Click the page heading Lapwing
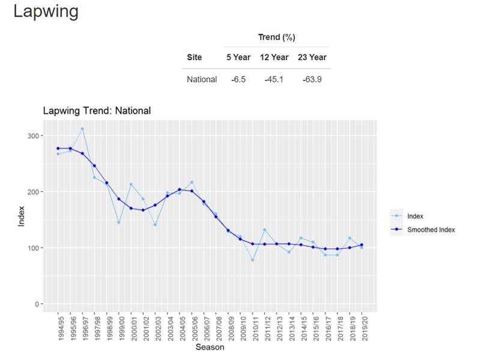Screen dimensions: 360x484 click(x=46, y=11)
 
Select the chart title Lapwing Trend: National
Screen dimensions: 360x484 click(x=97, y=111)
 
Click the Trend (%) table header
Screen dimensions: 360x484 click(x=276, y=37)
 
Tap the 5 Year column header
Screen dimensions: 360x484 click(x=238, y=58)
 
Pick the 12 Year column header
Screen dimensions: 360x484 click(x=274, y=58)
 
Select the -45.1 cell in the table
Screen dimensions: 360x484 click(x=274, y=79)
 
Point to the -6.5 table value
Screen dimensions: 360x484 click(x=238, y=79)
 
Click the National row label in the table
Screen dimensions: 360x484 click(x=202, y=79)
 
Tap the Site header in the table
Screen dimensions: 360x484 click(x=194, y=58)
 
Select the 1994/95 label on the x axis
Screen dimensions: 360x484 click(x=59, y=327)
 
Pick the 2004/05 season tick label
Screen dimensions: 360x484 click(x=180, y=327)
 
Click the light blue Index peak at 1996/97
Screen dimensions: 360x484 click(x=82, y=129)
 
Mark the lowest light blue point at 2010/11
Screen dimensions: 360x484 click(x=252, y=260)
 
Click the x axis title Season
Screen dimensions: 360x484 click(x=210, y=347)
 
